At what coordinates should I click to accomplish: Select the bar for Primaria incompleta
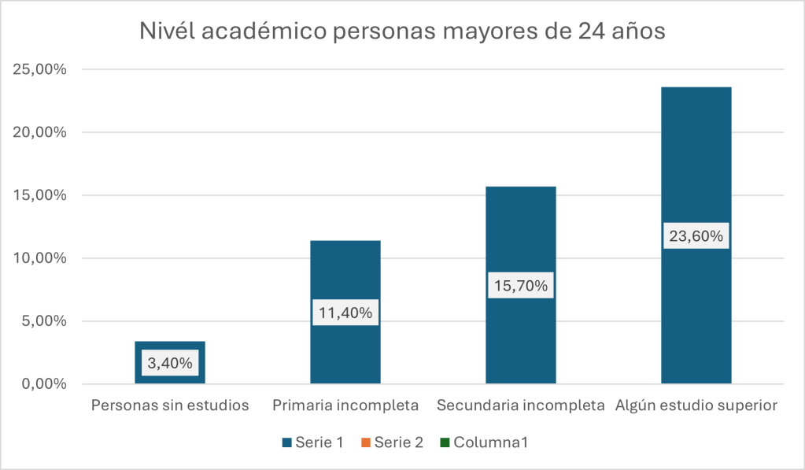(x=345, y=276)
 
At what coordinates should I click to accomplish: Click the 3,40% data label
(x=169, y=364)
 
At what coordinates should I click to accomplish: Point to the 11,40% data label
(x=345, y=313)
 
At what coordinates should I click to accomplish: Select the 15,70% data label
(x=521, y=286)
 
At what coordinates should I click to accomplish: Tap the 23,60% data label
(x=696, y=235)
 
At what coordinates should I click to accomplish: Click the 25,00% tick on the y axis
(x=40, y=69)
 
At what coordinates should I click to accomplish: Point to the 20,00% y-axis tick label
(x=40, y=132)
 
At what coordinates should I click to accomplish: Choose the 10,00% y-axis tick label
(x=40, y=258)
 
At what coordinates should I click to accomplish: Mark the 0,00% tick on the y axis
(x=44, y=384)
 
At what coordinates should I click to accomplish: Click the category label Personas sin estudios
(x=170, y=406)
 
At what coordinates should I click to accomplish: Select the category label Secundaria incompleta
(x=520, y=406)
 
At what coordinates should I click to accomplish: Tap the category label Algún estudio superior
(x=696, y=406)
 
